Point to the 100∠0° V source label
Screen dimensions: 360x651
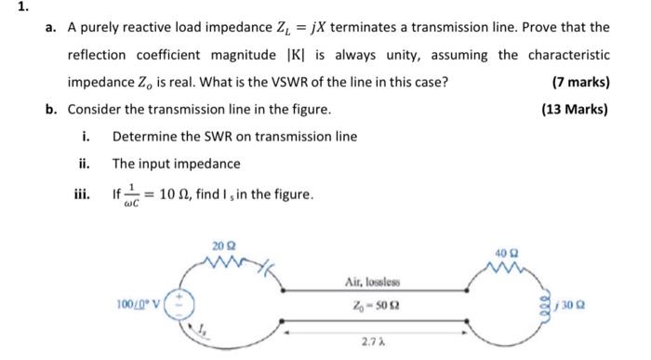138,304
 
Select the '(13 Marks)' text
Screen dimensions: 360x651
575,109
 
